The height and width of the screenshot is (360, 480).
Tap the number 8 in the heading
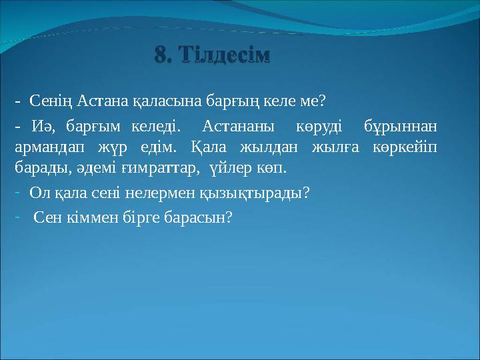pos(161,54)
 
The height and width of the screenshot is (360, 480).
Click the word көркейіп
pos(404,146)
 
